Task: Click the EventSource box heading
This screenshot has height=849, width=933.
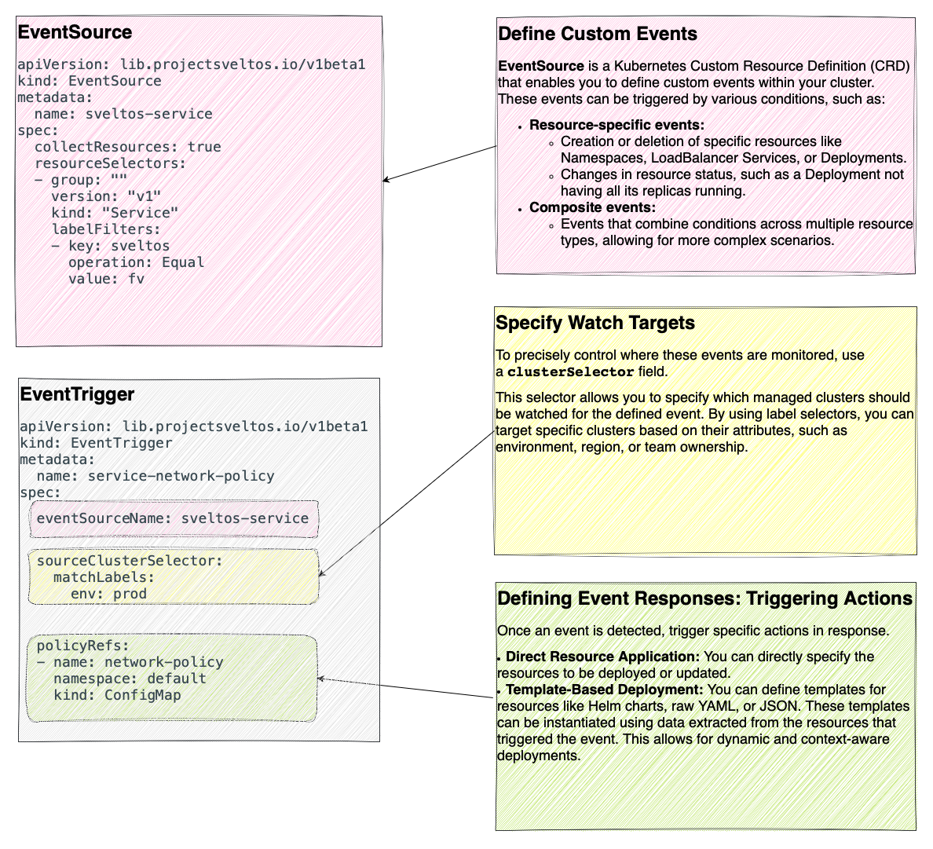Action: tap(75, 33)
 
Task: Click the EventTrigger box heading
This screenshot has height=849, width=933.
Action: tap(77, 394)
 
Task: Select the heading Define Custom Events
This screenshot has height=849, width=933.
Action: tap(597, 35)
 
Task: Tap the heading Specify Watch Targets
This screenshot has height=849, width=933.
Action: tap(595, 324)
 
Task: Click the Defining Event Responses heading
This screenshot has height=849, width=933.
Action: tap(704, 599)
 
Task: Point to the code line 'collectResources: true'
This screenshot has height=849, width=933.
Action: tap(127, 147)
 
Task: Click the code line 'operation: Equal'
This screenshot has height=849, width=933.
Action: tap(136, 262)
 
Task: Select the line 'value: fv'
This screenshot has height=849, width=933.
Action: tap(106, 279)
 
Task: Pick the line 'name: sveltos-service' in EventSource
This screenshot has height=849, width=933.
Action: tap(123, 114)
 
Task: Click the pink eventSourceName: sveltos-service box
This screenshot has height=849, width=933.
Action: tap(174, 518)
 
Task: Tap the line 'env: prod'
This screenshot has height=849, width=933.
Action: tap(108, 594)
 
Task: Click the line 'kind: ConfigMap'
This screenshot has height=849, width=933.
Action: tap(117, 695)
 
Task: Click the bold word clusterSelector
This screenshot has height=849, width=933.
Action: tap(570, 372)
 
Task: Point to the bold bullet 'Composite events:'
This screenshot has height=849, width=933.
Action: tap(592, 207)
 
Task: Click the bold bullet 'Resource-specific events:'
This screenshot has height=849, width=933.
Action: tap(617, 125)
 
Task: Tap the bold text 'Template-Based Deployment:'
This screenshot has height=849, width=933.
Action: tap(604, 690)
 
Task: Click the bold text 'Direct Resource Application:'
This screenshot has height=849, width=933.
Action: tap(602, 657)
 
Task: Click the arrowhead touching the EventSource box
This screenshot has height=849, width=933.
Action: tap(386, 181)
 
